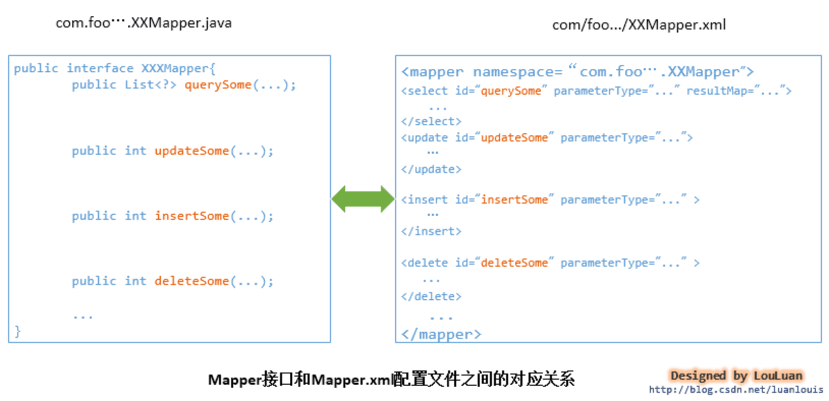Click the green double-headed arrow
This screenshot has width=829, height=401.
[x=363, y=198]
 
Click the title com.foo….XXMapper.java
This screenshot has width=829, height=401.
[x=143, y=23]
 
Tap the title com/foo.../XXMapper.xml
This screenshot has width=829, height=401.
[x=639, y=25]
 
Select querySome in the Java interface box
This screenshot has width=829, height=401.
[x=218, y=85]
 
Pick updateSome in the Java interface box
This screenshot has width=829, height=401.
[x=192, y=151]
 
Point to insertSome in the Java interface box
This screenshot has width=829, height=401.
[x=192, y=216]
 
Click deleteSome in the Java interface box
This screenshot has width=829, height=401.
[x=192, y=281]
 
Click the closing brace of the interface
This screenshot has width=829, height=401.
[x=18, y=331]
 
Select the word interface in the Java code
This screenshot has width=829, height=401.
[x=100, y=69]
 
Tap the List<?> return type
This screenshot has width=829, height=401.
[x=150, y=85]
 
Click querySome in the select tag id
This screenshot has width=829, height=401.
[x=511, y=91]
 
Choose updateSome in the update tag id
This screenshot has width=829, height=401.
[x=514, y=138]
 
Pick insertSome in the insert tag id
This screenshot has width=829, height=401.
[x=514, y=200]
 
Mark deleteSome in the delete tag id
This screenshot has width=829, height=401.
[x=514, y=263]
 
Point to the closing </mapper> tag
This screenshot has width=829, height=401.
[x=441, y=334]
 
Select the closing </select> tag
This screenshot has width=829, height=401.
[x=431, y=122]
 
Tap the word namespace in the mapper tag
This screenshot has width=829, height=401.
[x=517, y=72]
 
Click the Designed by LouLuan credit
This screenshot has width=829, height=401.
[x=736, y=376]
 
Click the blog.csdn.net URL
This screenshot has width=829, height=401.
[x=736, y=390]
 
